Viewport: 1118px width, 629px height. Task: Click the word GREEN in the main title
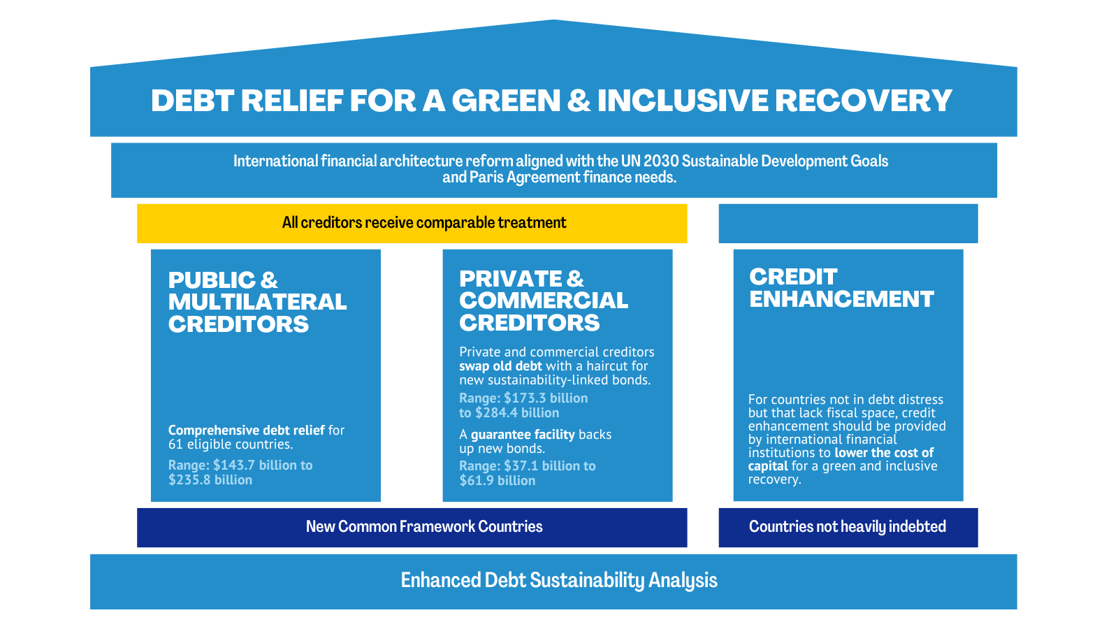point(506,101)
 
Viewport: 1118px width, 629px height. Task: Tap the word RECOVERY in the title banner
point(863,101)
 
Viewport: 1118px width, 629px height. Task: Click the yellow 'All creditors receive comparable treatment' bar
point(412,223)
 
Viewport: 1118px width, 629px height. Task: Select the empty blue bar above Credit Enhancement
point(848,223)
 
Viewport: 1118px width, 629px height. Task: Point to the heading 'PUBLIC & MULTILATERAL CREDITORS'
point(257,302)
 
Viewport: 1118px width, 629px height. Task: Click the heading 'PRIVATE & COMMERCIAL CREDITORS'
point(543,301)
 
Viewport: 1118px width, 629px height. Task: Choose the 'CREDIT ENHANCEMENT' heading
point(841,288)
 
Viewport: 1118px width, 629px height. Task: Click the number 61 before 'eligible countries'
point(175,444)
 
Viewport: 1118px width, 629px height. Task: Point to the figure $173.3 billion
point(546,398)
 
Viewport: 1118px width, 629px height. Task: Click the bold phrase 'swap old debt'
point(500,366)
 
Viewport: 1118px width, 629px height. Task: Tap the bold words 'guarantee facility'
point(523,435)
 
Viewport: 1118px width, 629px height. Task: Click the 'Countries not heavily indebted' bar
point(847,527)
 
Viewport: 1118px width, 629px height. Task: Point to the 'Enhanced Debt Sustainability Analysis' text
point(559,581)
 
